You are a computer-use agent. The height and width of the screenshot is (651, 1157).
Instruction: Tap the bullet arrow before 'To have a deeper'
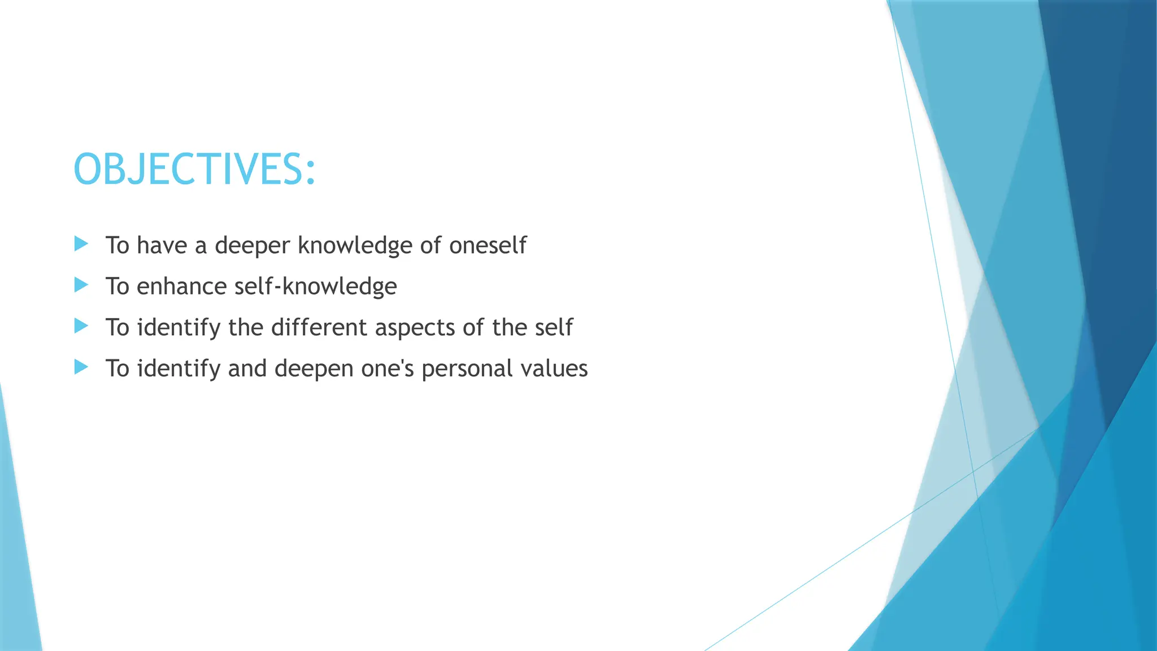81,244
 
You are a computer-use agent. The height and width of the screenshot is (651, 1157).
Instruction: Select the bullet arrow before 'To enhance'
81,285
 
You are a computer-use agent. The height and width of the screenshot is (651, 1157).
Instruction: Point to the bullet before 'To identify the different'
81,326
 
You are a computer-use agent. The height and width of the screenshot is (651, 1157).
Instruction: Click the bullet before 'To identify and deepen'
81,367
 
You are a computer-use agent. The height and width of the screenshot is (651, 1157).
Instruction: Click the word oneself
488,245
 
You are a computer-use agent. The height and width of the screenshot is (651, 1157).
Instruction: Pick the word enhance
182,287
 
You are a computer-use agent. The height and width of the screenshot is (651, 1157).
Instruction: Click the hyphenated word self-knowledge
315,287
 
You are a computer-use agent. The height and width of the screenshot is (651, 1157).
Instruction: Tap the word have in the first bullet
162,246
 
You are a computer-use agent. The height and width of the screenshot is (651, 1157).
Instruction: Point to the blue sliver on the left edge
17,537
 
